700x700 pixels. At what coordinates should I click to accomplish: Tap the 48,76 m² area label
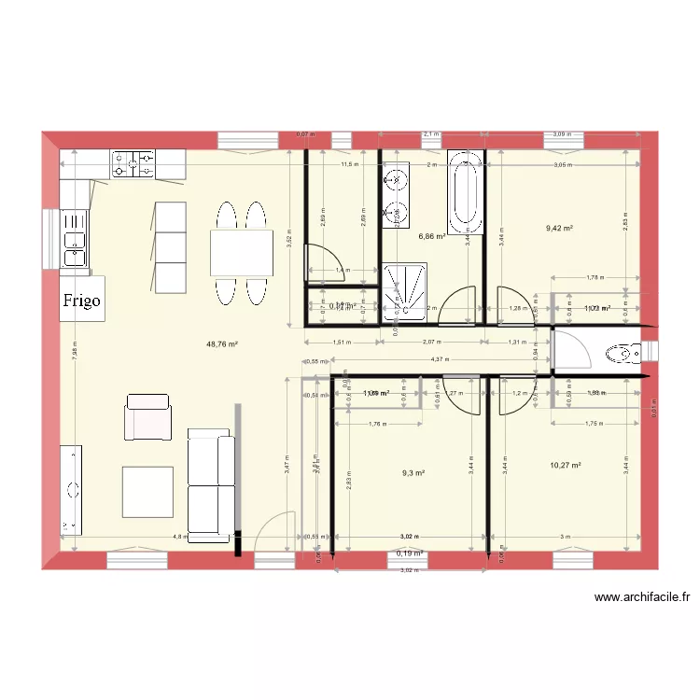pos(222,343)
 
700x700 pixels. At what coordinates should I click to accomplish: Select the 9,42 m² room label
pos(558,227)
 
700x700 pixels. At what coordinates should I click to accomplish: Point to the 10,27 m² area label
pos(566,465)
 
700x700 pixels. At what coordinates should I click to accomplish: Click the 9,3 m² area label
pos(413,473)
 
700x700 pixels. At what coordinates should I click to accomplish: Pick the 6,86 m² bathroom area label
pos(431,237)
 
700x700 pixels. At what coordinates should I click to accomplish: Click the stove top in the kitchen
pos(133,164)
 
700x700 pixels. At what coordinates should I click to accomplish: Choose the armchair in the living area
pos(148,417)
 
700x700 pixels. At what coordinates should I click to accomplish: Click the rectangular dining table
pos(241,253)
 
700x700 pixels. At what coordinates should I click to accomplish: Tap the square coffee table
pos(147,491)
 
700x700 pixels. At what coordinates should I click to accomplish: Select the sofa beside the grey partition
pos(211,485)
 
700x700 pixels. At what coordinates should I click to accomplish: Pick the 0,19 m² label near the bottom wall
pos(410,553)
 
